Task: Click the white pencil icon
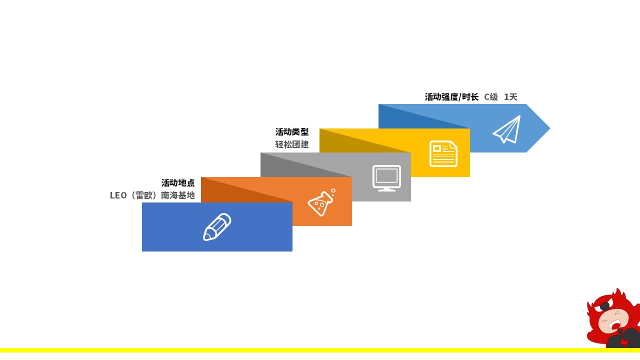217,227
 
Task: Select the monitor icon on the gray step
386,178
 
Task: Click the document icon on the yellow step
443,153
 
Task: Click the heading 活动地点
177,183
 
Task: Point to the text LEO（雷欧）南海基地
152,195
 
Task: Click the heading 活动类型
292,132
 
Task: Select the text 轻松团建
292,144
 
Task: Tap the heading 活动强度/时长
451,97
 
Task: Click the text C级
491,97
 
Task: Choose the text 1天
510,97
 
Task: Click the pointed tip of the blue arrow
549,128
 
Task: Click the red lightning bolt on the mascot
624,342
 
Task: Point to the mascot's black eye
604,307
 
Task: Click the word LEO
118,195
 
